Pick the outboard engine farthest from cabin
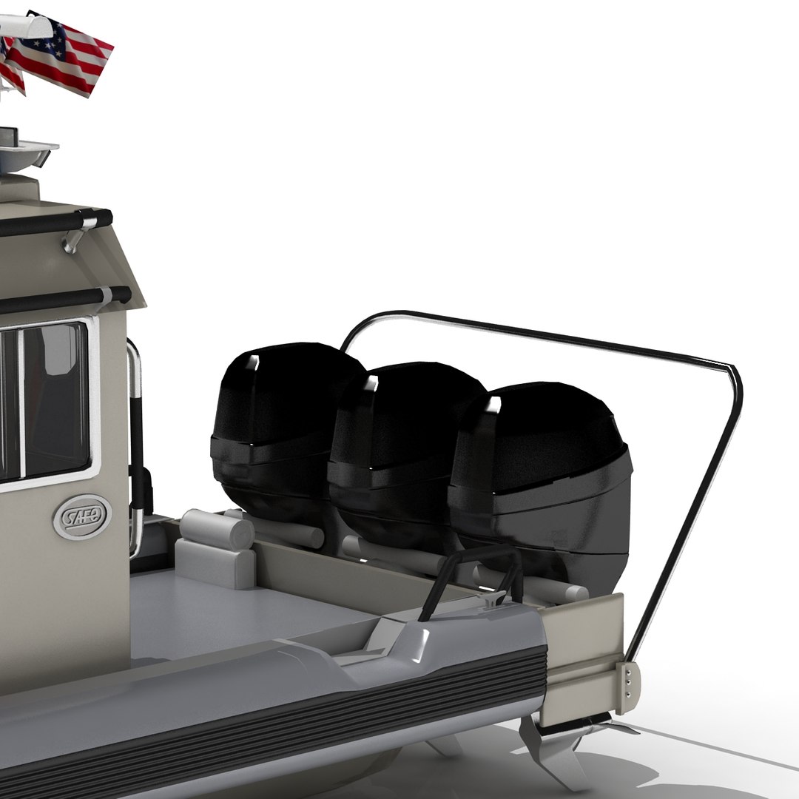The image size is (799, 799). pos(544,473)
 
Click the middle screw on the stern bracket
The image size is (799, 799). pos(628,676)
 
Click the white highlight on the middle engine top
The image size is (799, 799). pos(372,384)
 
